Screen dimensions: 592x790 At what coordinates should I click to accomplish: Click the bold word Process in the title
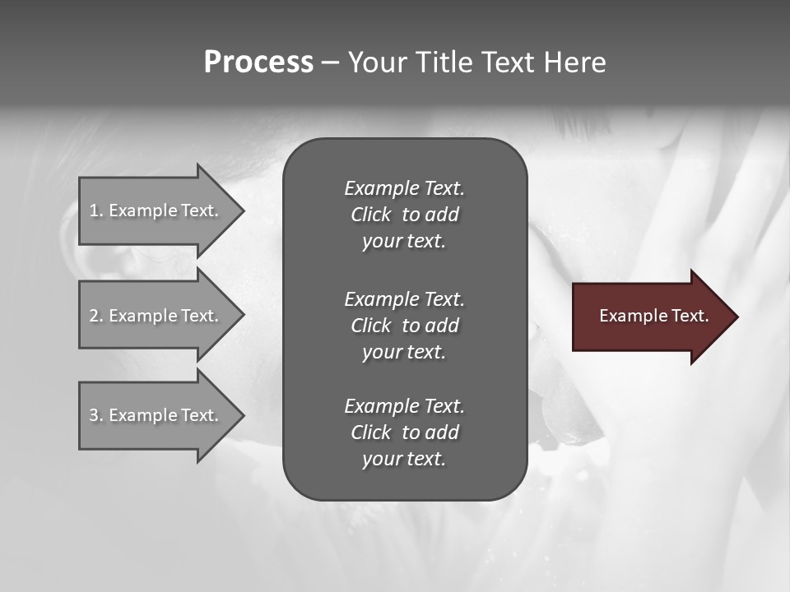click(258, 62)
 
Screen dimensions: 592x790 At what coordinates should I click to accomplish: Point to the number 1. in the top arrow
click(96, 210)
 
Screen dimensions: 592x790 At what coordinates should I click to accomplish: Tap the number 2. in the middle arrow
click(96, 316)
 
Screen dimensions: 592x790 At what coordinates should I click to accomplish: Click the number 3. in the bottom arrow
click(96, 415)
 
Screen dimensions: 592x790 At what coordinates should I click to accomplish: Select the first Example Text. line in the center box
click(404, 188)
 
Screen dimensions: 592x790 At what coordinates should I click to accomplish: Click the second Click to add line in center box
click(404, 326)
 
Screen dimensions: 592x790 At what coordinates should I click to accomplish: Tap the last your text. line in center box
click(404, 459)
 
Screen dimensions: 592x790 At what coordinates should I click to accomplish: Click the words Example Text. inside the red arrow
click(654, 316)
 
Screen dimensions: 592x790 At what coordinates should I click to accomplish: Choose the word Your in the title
click(379, 62)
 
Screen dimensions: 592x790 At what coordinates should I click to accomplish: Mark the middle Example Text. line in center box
click(404, 299)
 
